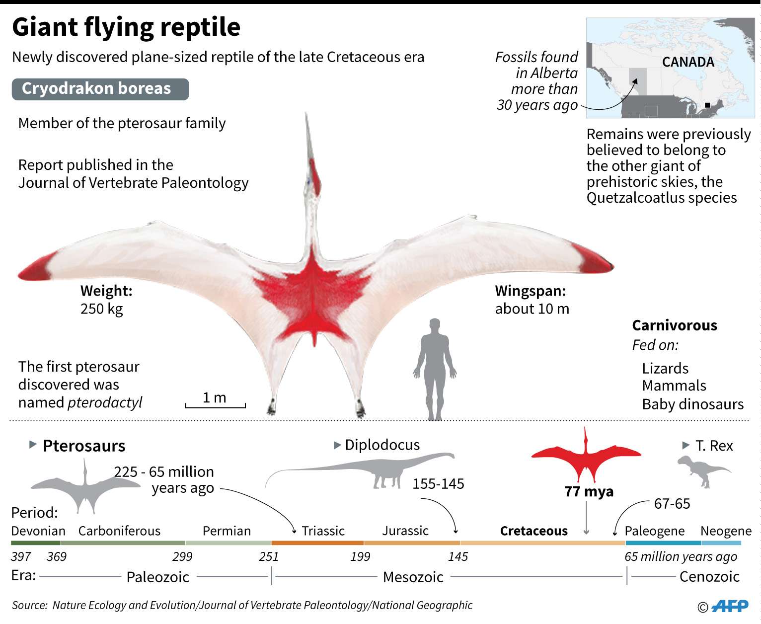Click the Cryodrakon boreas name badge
pos(100,89)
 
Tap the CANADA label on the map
pos(688,62)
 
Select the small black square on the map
pos(707,105)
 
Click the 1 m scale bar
pos(215,405)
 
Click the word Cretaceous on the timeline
pos(533,531)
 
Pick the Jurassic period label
pos(405,531)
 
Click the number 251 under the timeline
pos(269,556)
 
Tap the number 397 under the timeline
pos(21,556)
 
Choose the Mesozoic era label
pos(413,577)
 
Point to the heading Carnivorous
pos(675,325)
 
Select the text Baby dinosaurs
pos(692,404)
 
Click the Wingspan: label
pos(530,291)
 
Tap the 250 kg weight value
pos(101,309)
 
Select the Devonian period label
pos(38,531)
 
